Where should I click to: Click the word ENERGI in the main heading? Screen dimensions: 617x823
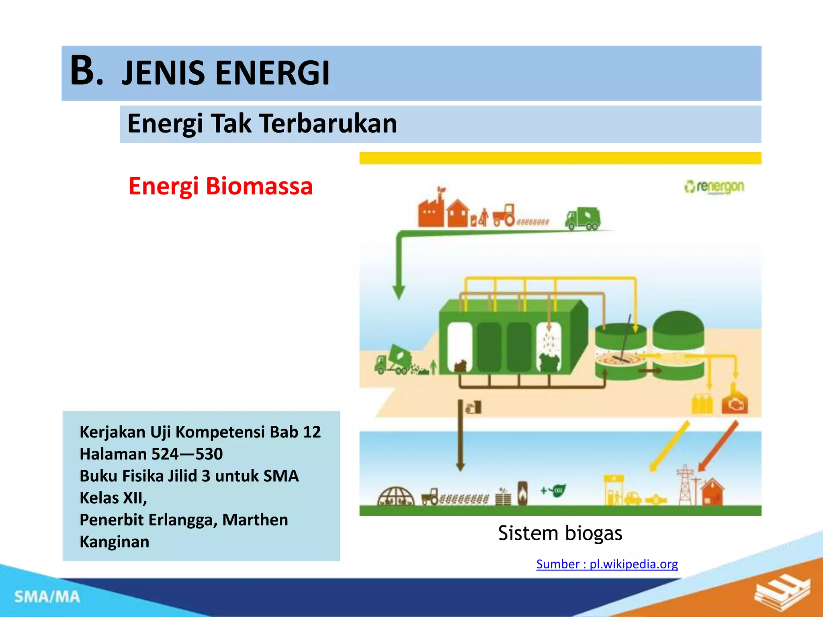click(272, 73)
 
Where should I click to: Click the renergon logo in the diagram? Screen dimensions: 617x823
click(714, 187)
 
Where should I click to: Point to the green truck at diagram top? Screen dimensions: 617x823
click(583, 219)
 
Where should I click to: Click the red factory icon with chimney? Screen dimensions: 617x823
click(431, 209)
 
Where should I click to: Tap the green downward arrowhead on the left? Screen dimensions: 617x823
click(399, 292)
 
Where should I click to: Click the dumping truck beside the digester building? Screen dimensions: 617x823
click(394, 360)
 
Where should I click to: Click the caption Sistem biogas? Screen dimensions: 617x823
click(560, 533)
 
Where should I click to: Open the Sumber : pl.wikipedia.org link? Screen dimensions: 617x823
click(607, 564)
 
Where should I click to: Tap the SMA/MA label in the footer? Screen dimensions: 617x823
click(47, 597)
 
